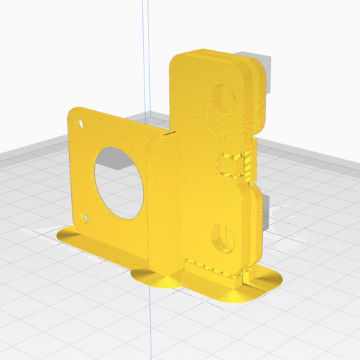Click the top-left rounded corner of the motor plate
[x=73, y=112]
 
